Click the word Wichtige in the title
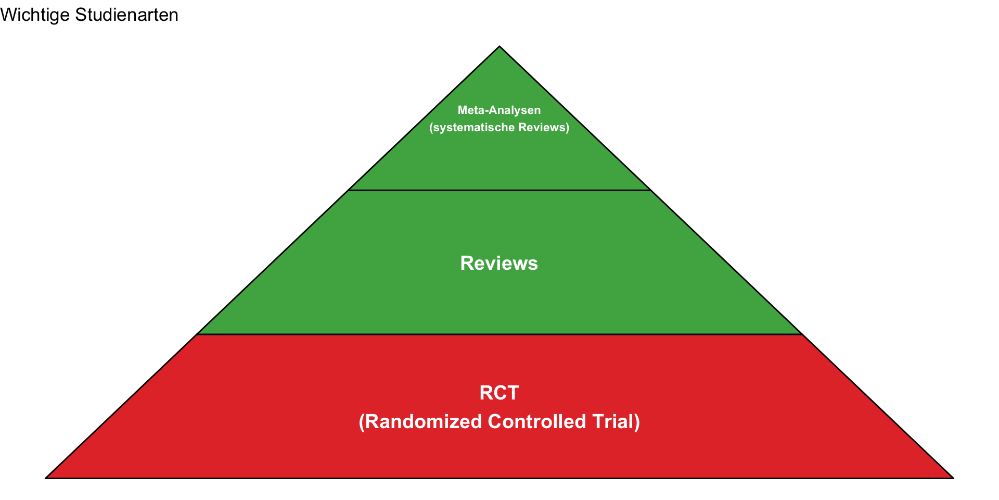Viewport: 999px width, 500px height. click(35, 15)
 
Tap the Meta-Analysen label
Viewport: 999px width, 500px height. click(499, 110)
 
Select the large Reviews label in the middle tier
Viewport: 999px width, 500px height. click(499, 264)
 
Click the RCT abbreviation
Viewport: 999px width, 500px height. click(499, 393)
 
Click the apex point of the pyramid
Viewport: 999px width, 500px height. click(499, 46)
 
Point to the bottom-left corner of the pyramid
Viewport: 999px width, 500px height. click(46, 478)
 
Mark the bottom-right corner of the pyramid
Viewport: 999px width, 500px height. click(953, 478)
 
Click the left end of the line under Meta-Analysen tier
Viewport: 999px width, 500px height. click(349, 190)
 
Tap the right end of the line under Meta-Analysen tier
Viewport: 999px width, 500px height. click(650, 190)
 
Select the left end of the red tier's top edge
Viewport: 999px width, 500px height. click(197, 334)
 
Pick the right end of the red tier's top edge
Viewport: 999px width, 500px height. click(802, 334)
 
